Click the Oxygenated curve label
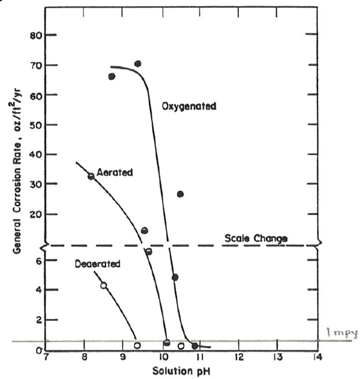pyautogui.click(x=189, y=106)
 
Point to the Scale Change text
pyautogui.click(x=256, y=238)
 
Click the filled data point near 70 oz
pyautogui.click(x=137, y=64)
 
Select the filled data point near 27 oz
pyautogui.click(x=180, y=194)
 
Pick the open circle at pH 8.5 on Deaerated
pyautogui.click(x=103, y=285)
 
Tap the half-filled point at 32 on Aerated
pyautogui.click(x=91, y=176)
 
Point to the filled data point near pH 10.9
pyautogui.click(x=194, y=346)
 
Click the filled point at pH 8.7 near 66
pyautogui.click(x=112, y=76)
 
